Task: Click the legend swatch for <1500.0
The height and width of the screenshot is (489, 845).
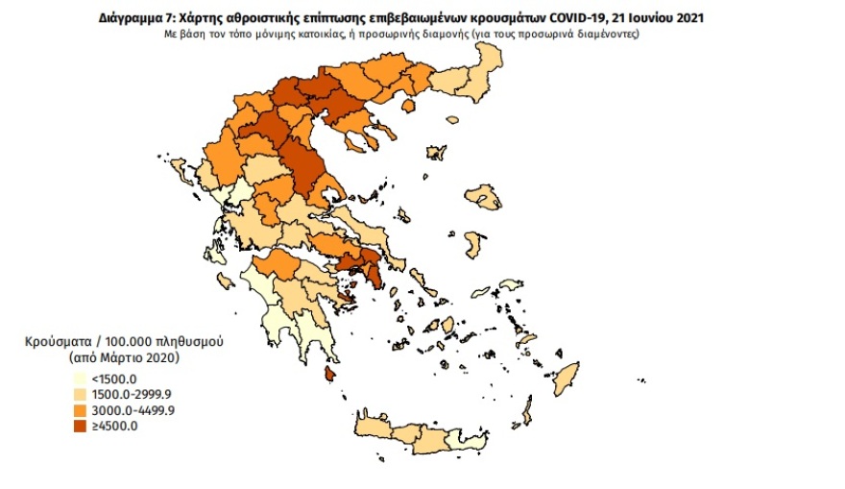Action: pos(80,379)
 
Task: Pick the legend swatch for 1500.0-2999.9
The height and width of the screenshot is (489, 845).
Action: pos(80,395)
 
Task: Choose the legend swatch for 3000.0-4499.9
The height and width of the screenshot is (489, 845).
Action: pos(80,411)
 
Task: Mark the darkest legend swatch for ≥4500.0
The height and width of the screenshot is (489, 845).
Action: pos(80,428)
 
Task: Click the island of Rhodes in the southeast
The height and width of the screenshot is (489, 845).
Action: pos(566,374)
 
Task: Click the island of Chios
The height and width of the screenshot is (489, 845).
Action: pos(471,245)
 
